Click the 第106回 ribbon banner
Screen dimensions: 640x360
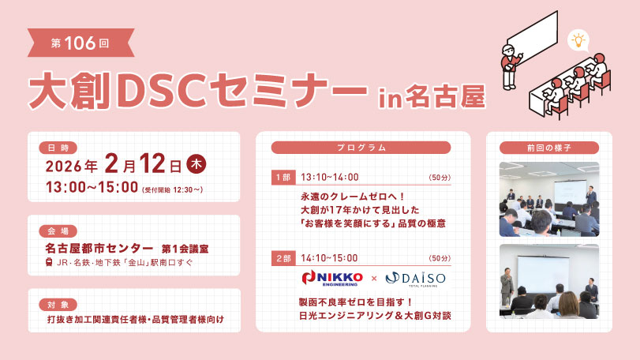point(80,43)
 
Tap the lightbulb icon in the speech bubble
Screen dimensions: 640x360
point(578,40)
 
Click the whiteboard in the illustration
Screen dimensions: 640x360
point(533,37)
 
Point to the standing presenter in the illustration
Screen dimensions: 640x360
point(509,67)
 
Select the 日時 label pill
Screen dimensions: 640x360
point(58,148)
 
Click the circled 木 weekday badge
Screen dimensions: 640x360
point(196,164)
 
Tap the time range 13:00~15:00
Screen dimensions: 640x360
point(92,187)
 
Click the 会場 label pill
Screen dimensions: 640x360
point(58,231)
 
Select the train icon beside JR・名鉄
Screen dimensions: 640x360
point(49,262)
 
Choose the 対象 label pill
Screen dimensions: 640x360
point(58,305)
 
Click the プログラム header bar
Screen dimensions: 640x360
point(361,148)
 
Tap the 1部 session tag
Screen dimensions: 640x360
point(283,178)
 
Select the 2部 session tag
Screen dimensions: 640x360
point(283,258)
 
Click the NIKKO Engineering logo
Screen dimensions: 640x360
point(331,279)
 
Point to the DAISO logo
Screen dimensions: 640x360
point(415,279)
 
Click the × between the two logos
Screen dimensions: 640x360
point(374,279)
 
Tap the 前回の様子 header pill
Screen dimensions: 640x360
point(549,148)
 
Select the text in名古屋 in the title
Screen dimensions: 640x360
point(432,97)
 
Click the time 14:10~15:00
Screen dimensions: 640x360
point(329,258)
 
